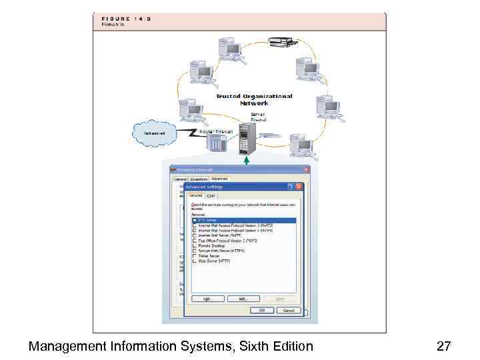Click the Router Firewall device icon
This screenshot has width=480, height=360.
coord(217,144)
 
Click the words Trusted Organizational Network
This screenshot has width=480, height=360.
coord(254,99)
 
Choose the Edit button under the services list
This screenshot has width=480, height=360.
coord(243,299)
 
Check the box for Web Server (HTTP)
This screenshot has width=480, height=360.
coord(195,261)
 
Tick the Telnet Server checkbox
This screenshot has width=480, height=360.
coord(195,256)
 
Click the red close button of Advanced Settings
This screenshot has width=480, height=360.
coord(299,187)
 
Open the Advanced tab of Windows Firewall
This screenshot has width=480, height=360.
coord(219,179)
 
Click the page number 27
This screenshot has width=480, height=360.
coord(444,346)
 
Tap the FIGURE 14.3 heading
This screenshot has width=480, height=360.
coord(126,19)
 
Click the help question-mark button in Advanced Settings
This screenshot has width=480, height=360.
coord(291,187)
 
